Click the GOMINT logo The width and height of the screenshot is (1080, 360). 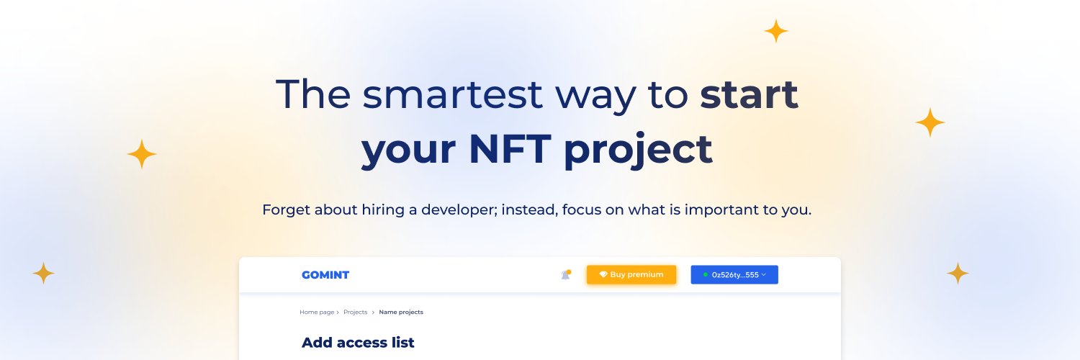coord(325,275)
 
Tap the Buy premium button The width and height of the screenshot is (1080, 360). coord(631,275)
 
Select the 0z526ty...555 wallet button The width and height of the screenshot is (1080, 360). coord(734,275)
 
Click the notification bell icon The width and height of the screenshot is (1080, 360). coord(566,275)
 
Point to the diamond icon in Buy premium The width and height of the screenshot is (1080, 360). coord(603,274)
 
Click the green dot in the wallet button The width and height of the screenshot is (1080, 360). coord(706,274)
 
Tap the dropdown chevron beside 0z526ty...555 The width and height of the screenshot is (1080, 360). coord(764,274)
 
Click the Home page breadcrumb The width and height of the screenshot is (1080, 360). coord(317,312)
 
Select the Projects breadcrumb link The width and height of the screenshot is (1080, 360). coord(356,312)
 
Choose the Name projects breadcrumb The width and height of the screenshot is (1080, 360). coord(401,312)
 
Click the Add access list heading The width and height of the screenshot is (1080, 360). coord(358,343)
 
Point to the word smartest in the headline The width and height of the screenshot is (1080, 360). coord(452,94)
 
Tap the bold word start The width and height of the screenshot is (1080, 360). coord(749,94)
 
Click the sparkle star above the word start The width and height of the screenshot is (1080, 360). coord(775,32)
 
